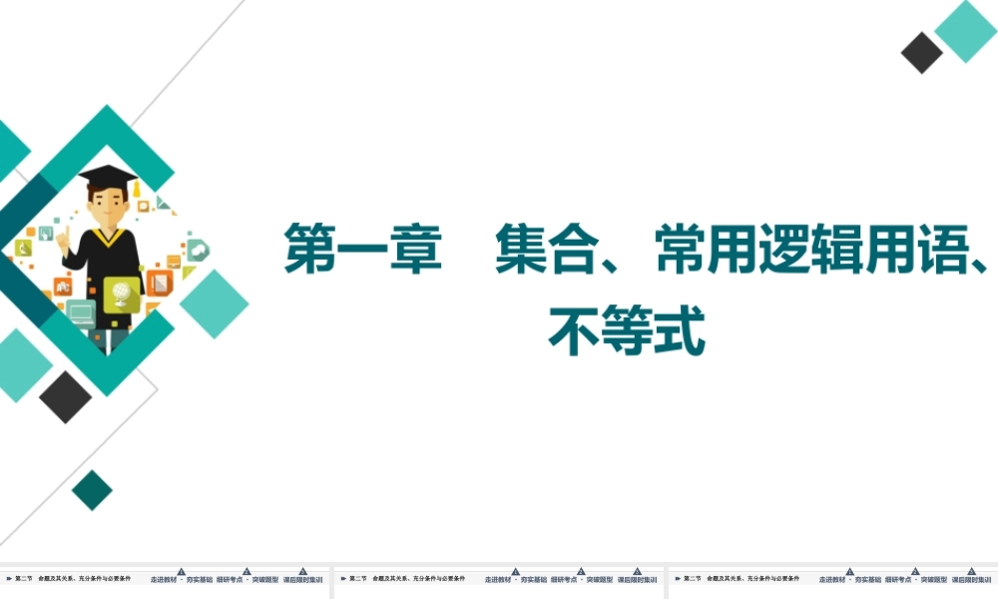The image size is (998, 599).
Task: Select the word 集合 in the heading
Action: (x=535, y=250)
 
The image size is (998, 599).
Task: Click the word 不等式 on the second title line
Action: (x=627, y=331)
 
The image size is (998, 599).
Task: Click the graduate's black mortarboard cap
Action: (x=108, y=177)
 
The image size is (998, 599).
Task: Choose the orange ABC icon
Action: (x=62, y=286)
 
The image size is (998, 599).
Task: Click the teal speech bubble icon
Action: (x=197, y=250)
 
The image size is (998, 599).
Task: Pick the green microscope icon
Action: (x=23, y=248)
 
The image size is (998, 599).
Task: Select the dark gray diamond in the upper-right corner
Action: (x=922, y=52)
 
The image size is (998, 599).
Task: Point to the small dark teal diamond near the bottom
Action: (x=93, y=489)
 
